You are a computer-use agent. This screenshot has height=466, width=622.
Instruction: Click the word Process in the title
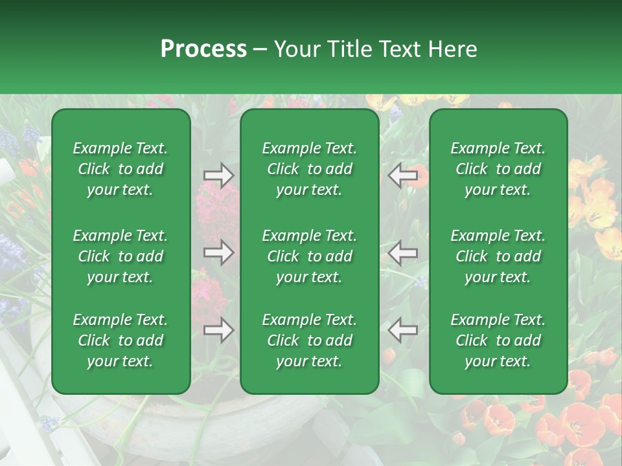coord(203,49)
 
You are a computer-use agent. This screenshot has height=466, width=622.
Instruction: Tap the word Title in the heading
coord(349,49)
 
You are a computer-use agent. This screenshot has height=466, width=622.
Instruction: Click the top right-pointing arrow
coord(219,175)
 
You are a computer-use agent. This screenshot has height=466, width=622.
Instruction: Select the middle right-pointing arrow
coord(219,252)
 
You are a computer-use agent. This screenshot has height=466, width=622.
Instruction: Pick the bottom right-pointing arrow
coord(219,331)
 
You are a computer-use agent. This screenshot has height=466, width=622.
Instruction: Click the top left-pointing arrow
coord(403,175)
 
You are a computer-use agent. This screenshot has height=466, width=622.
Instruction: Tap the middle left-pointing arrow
coord(403,252)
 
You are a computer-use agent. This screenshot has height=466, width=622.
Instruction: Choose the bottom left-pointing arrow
coord(403,331)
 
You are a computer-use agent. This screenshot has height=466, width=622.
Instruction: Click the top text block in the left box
coord(121,169)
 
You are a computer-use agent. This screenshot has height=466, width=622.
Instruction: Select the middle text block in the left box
coord(121,256)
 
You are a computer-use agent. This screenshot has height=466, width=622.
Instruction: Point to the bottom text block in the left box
coord(121,340)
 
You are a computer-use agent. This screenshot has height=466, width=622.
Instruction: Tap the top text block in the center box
coord(310,169)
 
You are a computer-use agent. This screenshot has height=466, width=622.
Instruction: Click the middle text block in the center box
coord(310,256)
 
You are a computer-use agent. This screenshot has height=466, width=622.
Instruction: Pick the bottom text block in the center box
coord(310,340)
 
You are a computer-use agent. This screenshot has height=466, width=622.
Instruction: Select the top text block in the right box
coord(498,169)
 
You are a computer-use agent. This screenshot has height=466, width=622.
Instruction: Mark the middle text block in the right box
coord(498,256)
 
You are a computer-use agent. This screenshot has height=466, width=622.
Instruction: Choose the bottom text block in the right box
coord(498,340)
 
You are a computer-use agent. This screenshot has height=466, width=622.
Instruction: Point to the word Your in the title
coord(297,49)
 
